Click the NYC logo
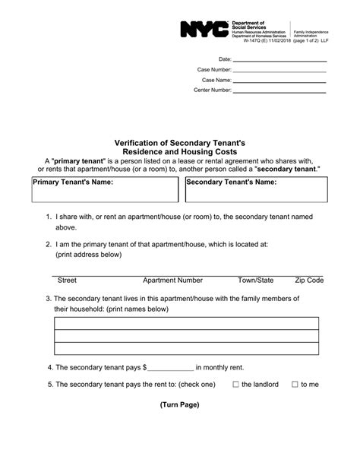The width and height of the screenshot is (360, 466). pos(204,30)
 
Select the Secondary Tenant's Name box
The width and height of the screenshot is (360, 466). pos(256,190)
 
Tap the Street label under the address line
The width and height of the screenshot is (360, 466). pos(67,281)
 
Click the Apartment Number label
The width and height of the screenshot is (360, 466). pos(172,281)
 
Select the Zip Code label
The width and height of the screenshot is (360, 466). pos(309,281)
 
